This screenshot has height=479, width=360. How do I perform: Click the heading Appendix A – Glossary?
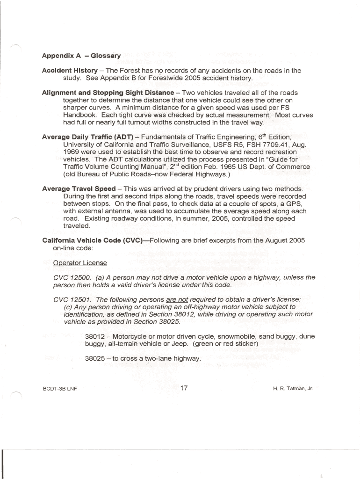click(x=81, y=56)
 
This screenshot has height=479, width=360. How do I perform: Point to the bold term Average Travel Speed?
click(x=79, y=189)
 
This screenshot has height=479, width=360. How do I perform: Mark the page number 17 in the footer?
click(x=184, y=388)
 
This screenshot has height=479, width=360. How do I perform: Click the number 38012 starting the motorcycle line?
click(x=95, y=336)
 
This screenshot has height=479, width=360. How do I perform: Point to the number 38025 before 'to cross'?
click(x=95, y=359)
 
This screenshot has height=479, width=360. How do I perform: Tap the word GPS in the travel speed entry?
click(x=296, y=204)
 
